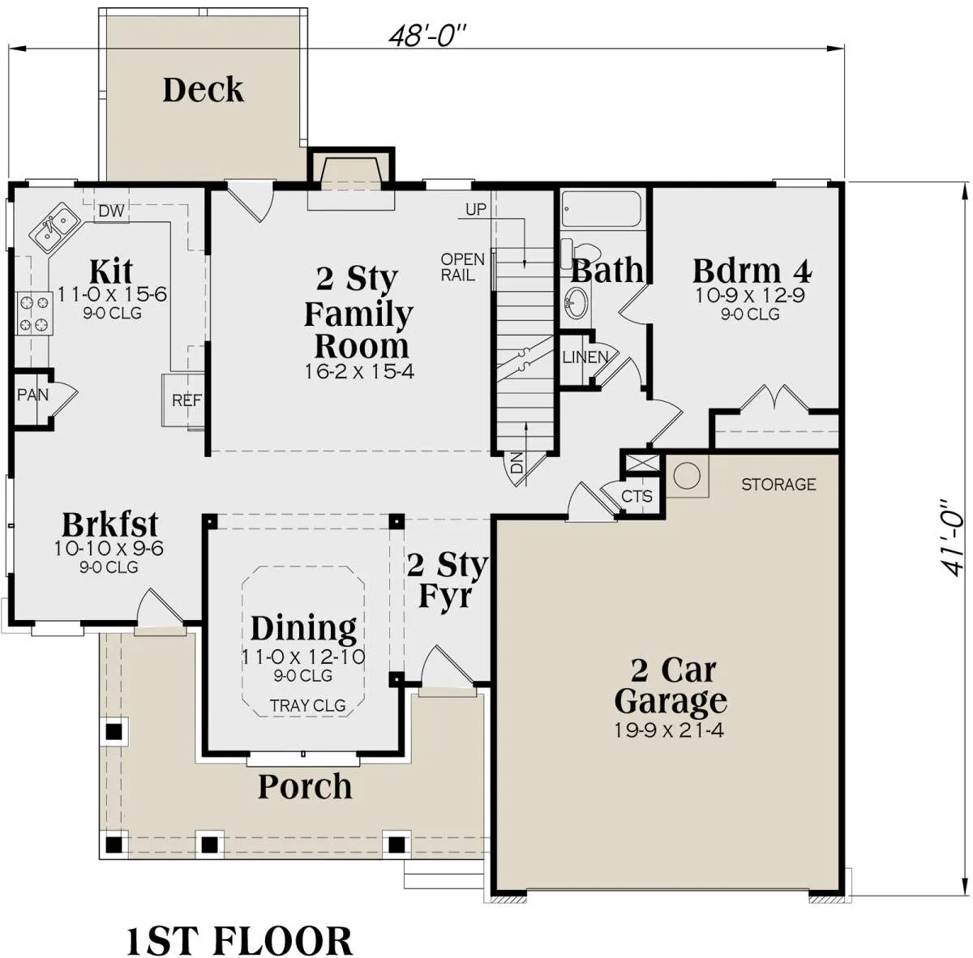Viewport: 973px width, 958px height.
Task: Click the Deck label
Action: (203, 90)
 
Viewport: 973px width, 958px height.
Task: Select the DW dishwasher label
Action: (111, 211)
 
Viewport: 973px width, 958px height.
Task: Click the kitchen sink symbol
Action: (54, 227)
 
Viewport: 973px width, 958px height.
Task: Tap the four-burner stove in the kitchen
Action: (35, 314)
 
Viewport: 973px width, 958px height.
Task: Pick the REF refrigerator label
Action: (186, 400)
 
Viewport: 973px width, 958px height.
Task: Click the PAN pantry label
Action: (32, 395)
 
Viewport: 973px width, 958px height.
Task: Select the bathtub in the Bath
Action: (602, 209)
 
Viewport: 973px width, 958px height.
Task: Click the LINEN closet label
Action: (585, 357)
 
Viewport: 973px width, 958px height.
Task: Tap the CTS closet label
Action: (637, 496)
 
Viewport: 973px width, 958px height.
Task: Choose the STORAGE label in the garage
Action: (778, 485)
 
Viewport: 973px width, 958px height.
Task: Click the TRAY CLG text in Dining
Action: (307, 706)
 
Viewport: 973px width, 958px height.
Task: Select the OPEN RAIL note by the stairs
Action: (462, 267)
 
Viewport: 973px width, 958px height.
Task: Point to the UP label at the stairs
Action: (476, 209)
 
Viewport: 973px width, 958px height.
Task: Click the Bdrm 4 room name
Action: (752, 271)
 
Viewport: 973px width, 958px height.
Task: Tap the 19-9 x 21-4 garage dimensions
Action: (669, 730)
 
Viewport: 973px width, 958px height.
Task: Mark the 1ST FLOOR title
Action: (239, 940)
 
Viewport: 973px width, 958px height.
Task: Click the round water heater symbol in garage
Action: (687, 476)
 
